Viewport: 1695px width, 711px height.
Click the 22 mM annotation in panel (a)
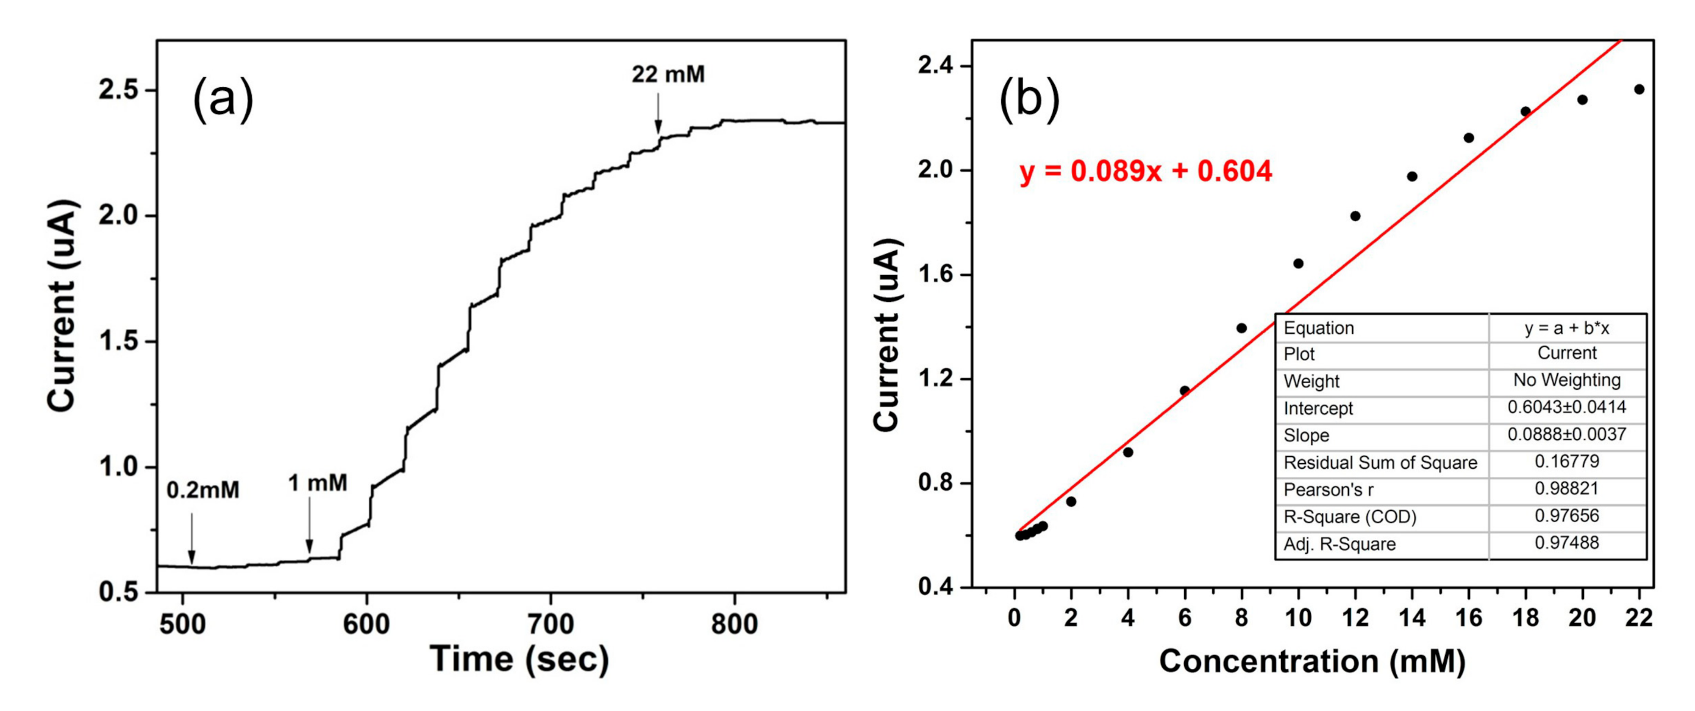click(x=668, y=74)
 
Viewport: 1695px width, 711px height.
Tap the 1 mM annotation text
click(x=318, y=484)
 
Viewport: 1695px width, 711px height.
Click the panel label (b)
click(x=1029, y=99)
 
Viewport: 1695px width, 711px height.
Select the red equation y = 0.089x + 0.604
click(x=1146, y=171)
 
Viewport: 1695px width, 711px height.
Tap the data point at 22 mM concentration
click(x=1639, y=90)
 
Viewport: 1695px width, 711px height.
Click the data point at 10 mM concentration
click(x=1298, y=264)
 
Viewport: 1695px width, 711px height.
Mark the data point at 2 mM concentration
click(x=1071, y=502)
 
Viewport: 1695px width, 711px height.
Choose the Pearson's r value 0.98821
click(x=1566, y=488)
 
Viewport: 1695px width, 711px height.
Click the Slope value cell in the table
click(x=1566, y=435)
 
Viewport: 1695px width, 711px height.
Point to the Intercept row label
click(x=1318, y=409)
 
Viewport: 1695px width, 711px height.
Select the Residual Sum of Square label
click(x=1380, y=463)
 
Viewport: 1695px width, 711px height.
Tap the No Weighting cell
click(x=1566, y=381)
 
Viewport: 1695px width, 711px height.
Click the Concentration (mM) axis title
click(x=1312, y=661)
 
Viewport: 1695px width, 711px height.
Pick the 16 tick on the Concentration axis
click(x=1469, y=618)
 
